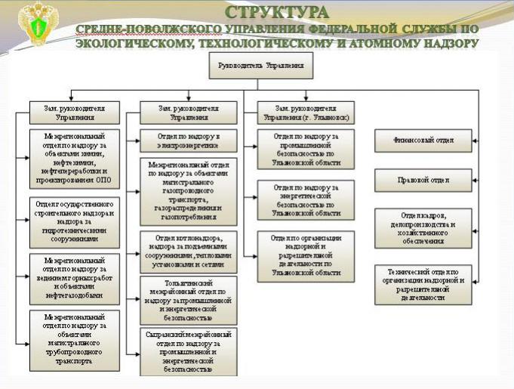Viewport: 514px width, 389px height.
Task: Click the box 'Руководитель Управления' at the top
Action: pos(261,66)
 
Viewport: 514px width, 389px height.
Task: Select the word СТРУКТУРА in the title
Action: pos(277,13)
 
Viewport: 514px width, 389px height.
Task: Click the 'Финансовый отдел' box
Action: pos(423,140)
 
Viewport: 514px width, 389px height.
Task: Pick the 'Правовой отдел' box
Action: pos(423,180)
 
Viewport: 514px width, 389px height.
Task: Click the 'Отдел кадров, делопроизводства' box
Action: pos(423,226)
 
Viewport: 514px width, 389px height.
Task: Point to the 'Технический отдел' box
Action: pos(423,284)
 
